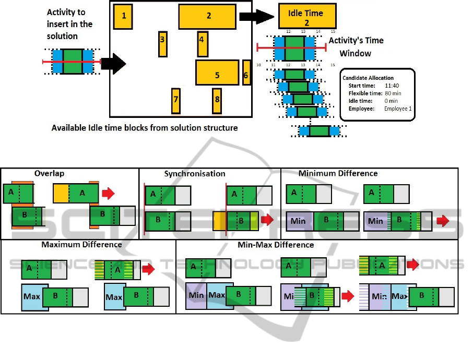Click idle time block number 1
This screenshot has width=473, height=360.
123,16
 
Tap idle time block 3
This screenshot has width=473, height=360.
163,43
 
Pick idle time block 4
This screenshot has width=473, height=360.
203,43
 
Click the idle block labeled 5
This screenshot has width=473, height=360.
217,73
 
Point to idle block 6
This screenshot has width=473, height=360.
246,72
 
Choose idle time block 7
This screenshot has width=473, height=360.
176,101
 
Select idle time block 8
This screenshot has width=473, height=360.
217,100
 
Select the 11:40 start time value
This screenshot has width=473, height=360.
392,86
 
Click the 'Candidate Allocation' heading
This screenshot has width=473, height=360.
368,78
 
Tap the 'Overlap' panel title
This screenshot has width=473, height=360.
49,174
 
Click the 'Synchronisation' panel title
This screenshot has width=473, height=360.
195,174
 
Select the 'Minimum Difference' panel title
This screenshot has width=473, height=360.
338,173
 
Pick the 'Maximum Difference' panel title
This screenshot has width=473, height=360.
81,244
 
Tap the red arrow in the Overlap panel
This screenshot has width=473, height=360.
108,194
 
